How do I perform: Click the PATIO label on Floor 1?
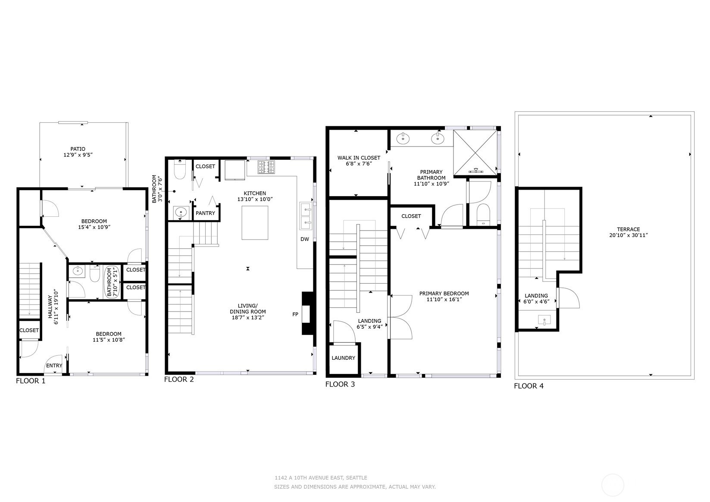tap(78, 149)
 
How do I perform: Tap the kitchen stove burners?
tap(266, 167)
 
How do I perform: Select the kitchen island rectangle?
tap(255, 223)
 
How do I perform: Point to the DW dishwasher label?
tap(305, 239)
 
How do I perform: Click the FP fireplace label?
tap(295, 315)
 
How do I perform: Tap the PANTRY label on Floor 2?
tap(205, 213)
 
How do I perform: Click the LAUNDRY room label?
tap(343, 358)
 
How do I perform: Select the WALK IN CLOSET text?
tap(359, 158)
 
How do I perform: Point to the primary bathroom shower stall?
tap(475, 153)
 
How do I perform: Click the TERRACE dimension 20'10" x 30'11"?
tap(628, 235)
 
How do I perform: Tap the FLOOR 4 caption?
tap(529, 386)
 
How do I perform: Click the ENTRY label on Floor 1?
tap(54, 366)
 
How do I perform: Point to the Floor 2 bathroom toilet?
tap(180, 169)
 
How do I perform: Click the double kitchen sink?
tap(306, 216)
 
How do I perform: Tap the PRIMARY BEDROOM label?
tap(444, 293)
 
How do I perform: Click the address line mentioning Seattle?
tap(321, 477)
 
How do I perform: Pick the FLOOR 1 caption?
tap(31, 381)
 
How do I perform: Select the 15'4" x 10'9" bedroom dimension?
tap(94, 227)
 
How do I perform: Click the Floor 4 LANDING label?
tap(536, 296)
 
